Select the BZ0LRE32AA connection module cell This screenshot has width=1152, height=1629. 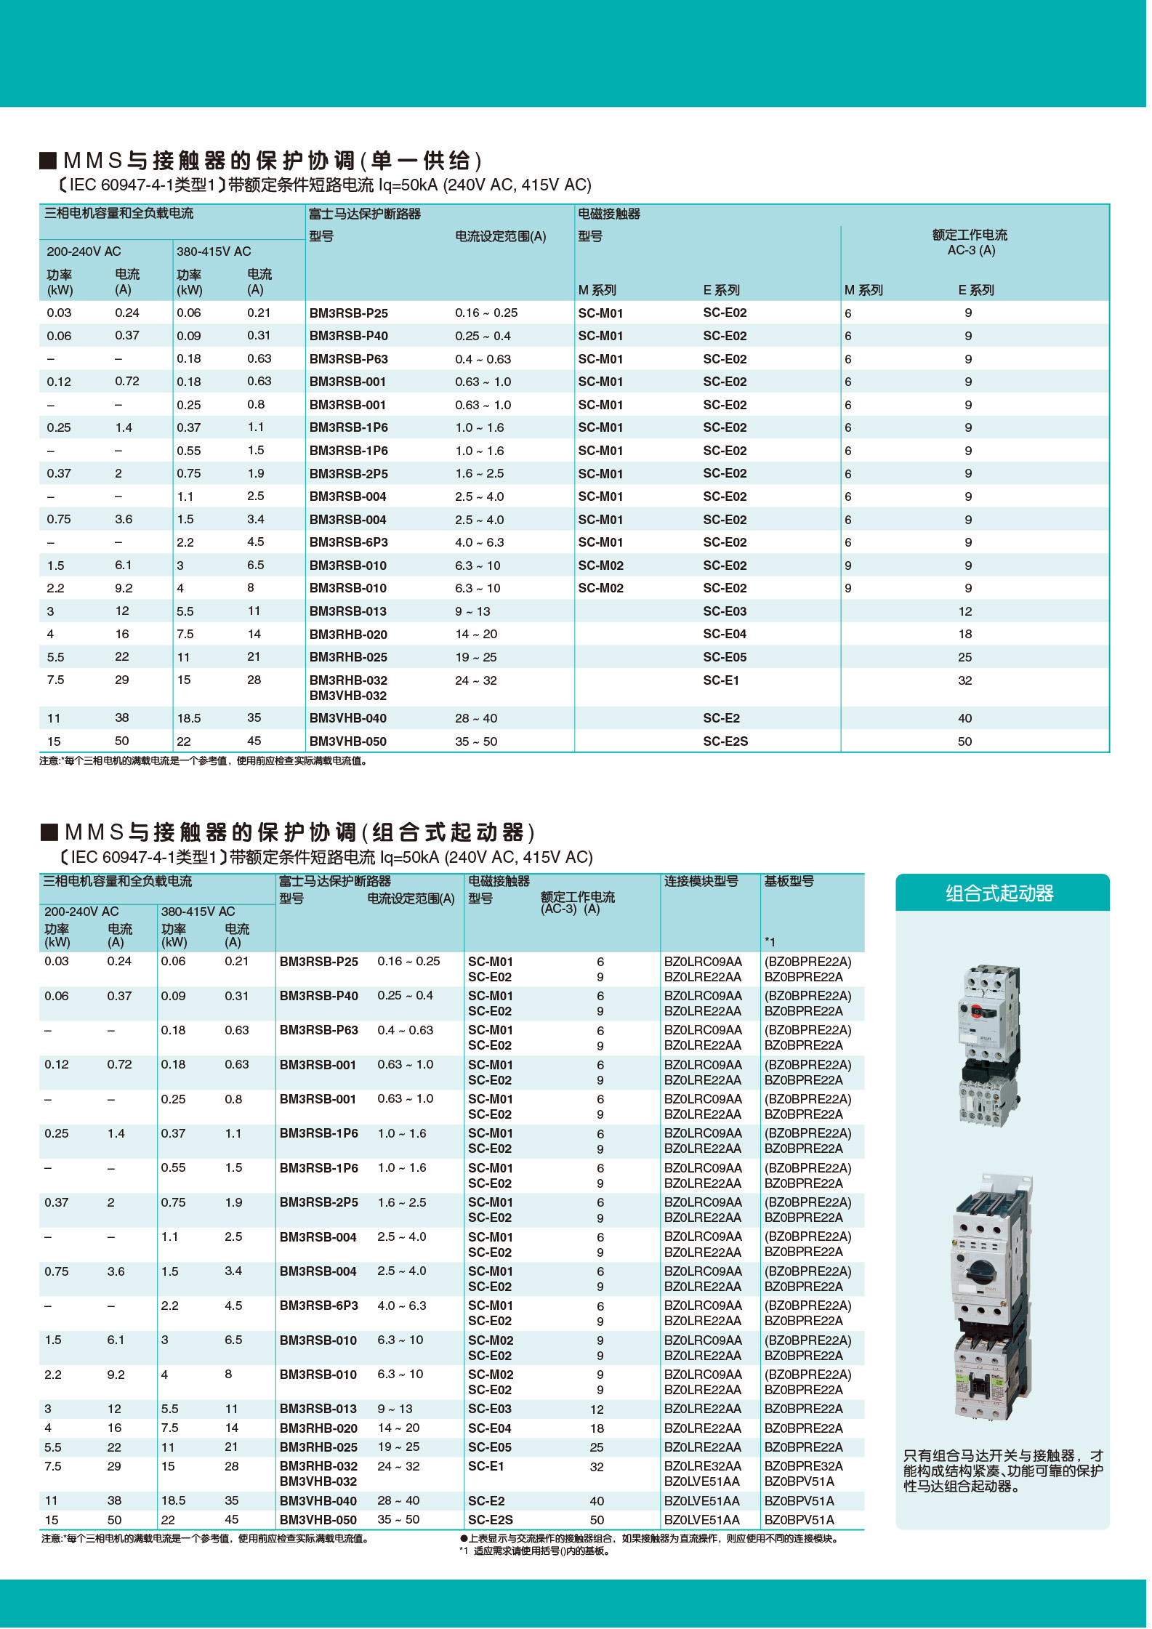coord(702,1466)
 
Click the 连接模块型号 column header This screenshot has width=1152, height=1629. coord(701,881)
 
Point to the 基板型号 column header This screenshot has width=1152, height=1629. coord(789,881)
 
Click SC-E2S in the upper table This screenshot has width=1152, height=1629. coord(725,741)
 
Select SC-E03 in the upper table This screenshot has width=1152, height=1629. coord(724,611)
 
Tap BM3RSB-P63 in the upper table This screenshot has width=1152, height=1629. coord(348,359)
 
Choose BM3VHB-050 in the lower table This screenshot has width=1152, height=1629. coord(318,1520)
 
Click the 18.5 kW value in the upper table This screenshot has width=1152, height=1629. coord(188,718)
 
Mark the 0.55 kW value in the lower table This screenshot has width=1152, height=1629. coord(173,1167)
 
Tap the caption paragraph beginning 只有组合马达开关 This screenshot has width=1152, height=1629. coord(1002,1471)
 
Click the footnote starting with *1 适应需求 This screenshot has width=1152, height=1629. coord(534,1551)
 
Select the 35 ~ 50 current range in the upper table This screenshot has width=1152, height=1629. coord(476,741)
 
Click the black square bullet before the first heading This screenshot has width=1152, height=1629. coord(48,160)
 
